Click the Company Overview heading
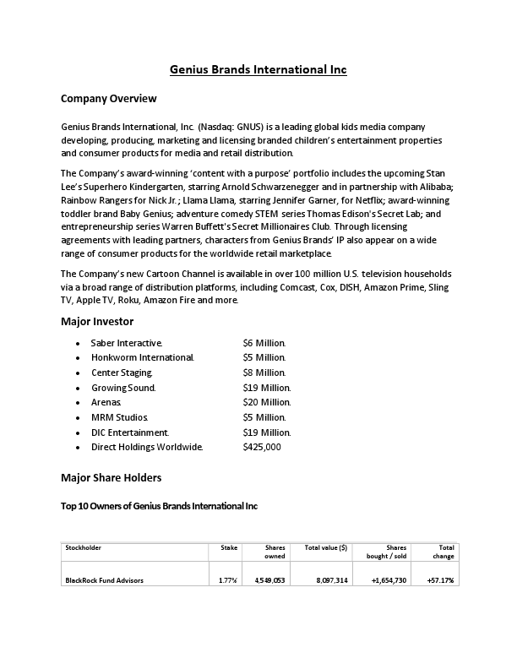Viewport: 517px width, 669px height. [109, 99]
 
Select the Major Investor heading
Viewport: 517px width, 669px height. [97, 322]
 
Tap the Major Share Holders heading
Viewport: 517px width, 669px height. [111, 478]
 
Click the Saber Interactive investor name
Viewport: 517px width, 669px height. [126, 343]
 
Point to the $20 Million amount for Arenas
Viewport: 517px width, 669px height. [267, 402]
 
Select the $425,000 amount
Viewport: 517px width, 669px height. [262, 447]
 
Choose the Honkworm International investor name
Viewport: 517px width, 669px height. [142, 358]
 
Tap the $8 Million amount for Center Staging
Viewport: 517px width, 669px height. [264, 373]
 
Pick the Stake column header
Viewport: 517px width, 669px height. [229, 547]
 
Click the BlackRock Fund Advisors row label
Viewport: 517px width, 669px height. [104, 580]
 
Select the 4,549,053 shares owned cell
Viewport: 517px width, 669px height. [269, 580]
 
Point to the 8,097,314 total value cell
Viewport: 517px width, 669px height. [332, 580]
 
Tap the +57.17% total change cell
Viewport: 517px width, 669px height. [440, 580]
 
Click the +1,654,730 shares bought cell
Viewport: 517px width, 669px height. [389, 580]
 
